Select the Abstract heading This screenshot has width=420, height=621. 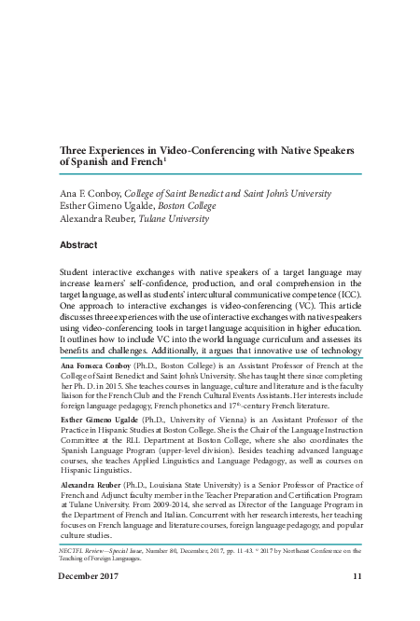click(x=77, y=244)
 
